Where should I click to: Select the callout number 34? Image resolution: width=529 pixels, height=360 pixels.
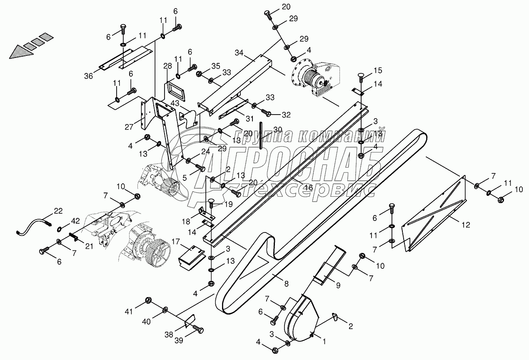[239, 53]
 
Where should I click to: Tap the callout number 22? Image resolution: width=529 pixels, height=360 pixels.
[58, 211]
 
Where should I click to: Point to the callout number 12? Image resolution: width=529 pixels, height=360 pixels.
[466, 225]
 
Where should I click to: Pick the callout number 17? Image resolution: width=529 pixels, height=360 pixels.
[175, 241]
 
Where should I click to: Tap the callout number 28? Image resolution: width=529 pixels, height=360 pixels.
[167, 66]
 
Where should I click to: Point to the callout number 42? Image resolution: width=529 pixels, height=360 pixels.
[75, 221]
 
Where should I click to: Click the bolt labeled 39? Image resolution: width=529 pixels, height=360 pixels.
[199, 330]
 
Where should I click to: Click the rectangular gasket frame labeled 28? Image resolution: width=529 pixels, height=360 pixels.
[173, 90]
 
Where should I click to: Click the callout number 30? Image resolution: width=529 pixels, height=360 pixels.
[278, 130]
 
